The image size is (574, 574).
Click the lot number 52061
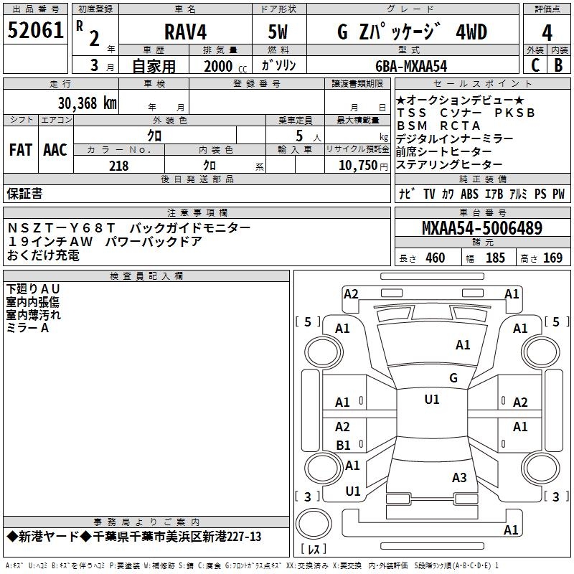coord(35,31)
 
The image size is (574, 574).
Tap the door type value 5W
coord(278,32)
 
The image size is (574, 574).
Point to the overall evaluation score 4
coord(547,33)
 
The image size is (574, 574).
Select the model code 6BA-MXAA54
coord(410,66)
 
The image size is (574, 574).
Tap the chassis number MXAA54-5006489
coord(481,229)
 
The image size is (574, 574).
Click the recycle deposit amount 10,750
coord(357,166)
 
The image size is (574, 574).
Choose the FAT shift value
coord(21,150)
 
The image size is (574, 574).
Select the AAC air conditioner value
coord(55,150)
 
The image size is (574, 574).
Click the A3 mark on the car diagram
coord(459,477)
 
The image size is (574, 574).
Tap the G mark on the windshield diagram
coord(453,377)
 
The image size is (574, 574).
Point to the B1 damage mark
coord(344,446)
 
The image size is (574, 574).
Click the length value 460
coord(435,258)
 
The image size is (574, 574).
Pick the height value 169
coord(552,258)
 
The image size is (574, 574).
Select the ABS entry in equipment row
coord(469,194)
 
